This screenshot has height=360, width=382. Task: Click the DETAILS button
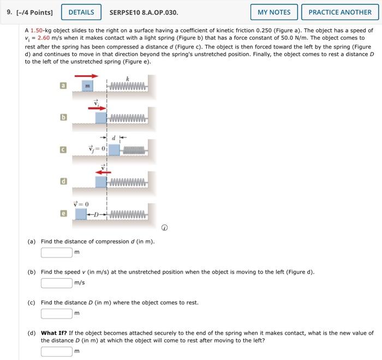[81, 12]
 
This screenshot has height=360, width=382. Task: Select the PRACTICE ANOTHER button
[339, 12]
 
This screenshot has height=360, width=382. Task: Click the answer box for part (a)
[56, 252]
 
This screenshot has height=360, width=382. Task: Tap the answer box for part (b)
[56, 283]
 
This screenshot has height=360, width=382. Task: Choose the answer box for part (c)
[56, 313]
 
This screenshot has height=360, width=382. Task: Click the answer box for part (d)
[56, 351]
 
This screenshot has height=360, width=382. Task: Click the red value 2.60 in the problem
[45, 38]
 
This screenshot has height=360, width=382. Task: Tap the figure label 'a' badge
[63, 86]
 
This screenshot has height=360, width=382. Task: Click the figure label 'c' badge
[63, 149]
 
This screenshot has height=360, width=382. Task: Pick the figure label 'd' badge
[63, 181]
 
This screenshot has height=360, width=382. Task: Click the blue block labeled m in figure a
[86, 86]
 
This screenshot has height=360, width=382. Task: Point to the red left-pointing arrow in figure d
[100, 171]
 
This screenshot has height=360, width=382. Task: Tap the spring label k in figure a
[127, 79]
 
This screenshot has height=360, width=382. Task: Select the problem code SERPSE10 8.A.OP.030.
[144, 12]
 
